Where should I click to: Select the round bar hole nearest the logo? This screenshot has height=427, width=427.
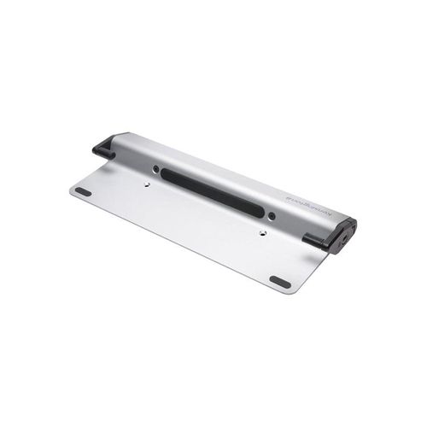pos(271,214)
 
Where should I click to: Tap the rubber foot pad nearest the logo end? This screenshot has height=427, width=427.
pos(279,281)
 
